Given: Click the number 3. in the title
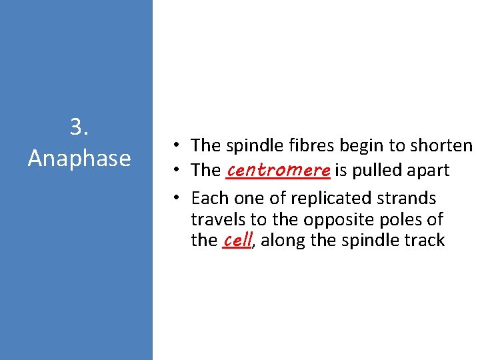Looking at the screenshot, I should click(79, 127).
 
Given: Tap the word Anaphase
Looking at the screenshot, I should click(79, 158).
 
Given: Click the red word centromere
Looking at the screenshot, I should click(278, 170).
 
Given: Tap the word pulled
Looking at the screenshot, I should click(375, 171).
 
